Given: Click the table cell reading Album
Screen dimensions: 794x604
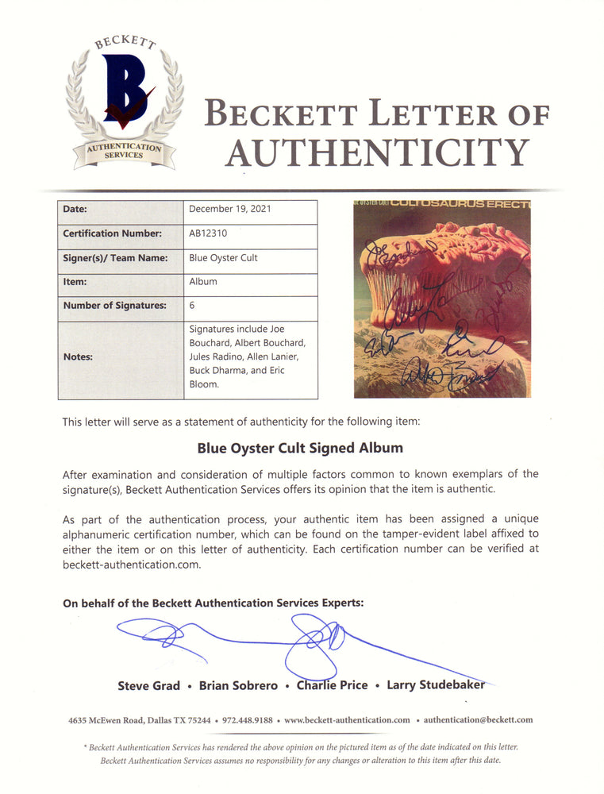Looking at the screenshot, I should (x=203, y=282).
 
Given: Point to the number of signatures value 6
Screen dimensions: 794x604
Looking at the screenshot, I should (x=192, y=305).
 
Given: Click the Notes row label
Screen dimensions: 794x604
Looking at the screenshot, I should (x=78, y=357).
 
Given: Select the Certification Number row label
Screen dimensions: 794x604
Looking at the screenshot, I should (x=112, y=234).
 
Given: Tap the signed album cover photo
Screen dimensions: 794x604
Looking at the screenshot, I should (x=441, y=299).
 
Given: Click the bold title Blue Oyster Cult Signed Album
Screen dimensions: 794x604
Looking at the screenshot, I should (x=301, y=448).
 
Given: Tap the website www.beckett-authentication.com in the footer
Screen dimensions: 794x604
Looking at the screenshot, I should (x=347, y=720).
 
